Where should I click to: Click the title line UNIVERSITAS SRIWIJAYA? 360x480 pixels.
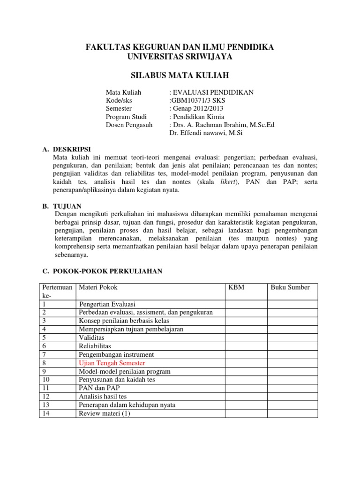pos(180,56)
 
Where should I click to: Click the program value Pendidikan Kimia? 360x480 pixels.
pos(198,117)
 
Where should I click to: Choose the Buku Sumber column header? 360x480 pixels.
pos(290,287)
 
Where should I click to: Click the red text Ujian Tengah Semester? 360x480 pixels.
pos(112,363)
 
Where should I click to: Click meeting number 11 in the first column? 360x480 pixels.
pos(45,388)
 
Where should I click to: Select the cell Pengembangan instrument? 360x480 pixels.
pos(116,354)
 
